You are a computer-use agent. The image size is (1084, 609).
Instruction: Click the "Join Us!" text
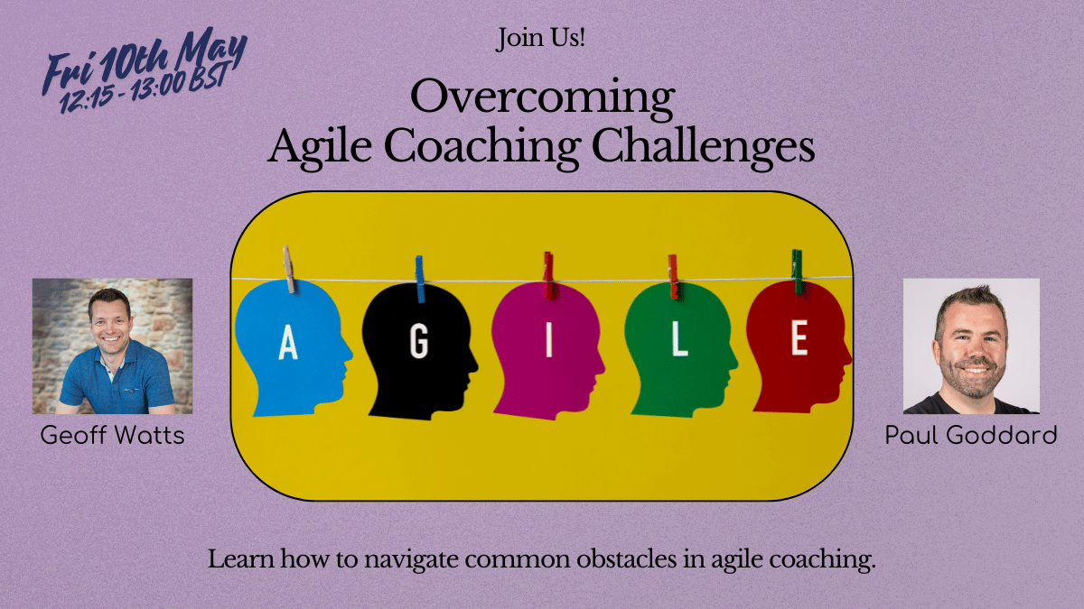[540, 38]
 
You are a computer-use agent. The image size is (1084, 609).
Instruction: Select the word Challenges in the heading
[703, 147]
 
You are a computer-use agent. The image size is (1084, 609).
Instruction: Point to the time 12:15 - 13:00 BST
[144, 89]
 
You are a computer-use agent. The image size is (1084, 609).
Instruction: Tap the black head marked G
[419, 351]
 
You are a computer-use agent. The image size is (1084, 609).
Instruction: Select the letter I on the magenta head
[549, 341]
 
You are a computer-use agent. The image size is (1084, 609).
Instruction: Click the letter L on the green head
[679, 340]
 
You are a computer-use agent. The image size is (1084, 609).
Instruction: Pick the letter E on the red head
[799, 337]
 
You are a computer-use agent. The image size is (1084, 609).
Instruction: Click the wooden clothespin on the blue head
[288, 269]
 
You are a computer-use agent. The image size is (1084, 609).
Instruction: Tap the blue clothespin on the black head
[419, 280]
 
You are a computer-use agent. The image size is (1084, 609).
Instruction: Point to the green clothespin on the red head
[797, 272]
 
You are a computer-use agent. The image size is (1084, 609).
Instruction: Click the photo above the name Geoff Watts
[112, 346]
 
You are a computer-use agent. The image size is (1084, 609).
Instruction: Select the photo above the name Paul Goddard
[971, 346]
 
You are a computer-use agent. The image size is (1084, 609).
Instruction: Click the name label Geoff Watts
[112, 435]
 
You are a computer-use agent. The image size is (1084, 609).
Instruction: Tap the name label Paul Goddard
[971, 435]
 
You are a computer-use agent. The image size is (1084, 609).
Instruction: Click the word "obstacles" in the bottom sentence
[626, 559]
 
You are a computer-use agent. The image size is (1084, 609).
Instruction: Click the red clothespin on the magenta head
[548, 275]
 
